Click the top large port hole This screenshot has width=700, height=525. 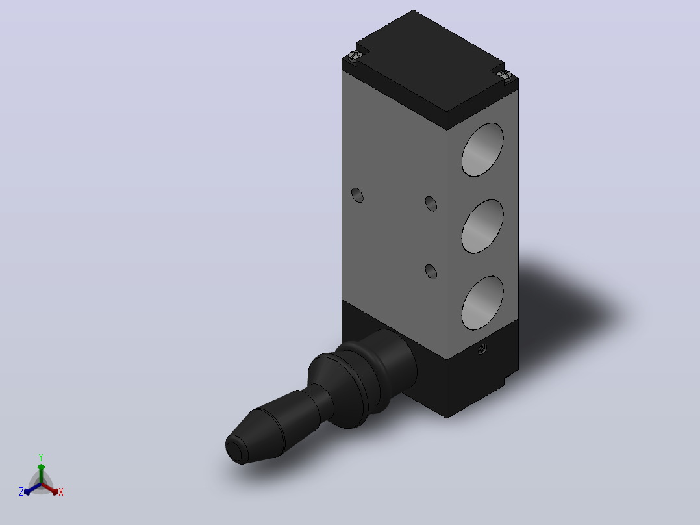(482, 149)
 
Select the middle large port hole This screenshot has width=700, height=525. (482, 227)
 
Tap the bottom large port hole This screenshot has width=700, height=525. (482, 303)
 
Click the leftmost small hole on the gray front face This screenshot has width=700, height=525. (357, 196)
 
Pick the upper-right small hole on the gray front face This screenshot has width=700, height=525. (431, 204)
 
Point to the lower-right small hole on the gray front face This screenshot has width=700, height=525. (431, 272)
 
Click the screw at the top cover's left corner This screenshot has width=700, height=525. (353, 56)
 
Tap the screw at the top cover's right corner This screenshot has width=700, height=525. (504, 75)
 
